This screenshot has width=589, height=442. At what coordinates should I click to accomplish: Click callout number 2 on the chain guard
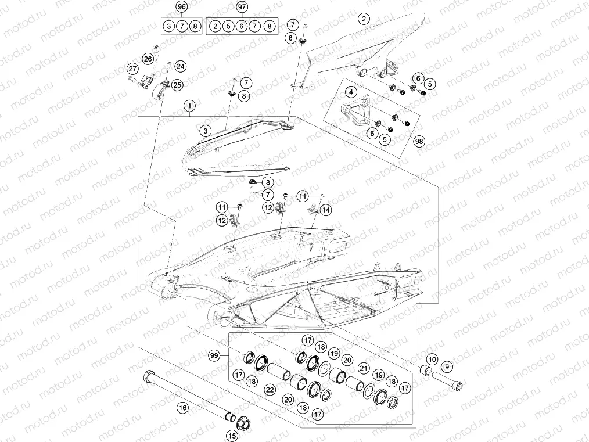[x=364, y=19]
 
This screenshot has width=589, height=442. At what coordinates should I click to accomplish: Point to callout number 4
[x=351, y=92]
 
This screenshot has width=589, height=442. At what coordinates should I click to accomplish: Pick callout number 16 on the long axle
[x=183, y=408]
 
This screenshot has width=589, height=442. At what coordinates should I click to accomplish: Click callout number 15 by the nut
[x=232, y=434]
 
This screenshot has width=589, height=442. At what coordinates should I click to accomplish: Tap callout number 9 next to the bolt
[x=447, y=366]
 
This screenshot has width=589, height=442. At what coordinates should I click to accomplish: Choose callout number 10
[x=432, y=360]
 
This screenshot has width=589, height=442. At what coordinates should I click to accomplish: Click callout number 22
[x=269, y=390]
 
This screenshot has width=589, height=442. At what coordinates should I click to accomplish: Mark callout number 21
[x=364, y=368]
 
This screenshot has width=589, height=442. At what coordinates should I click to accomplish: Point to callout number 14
[x=325, y=210]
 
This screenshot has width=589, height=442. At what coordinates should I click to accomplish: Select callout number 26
[x=148, y=59]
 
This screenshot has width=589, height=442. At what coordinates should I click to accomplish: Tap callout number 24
[x=179, y=66]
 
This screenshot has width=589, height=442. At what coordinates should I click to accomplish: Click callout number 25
[x=177, y=85]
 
